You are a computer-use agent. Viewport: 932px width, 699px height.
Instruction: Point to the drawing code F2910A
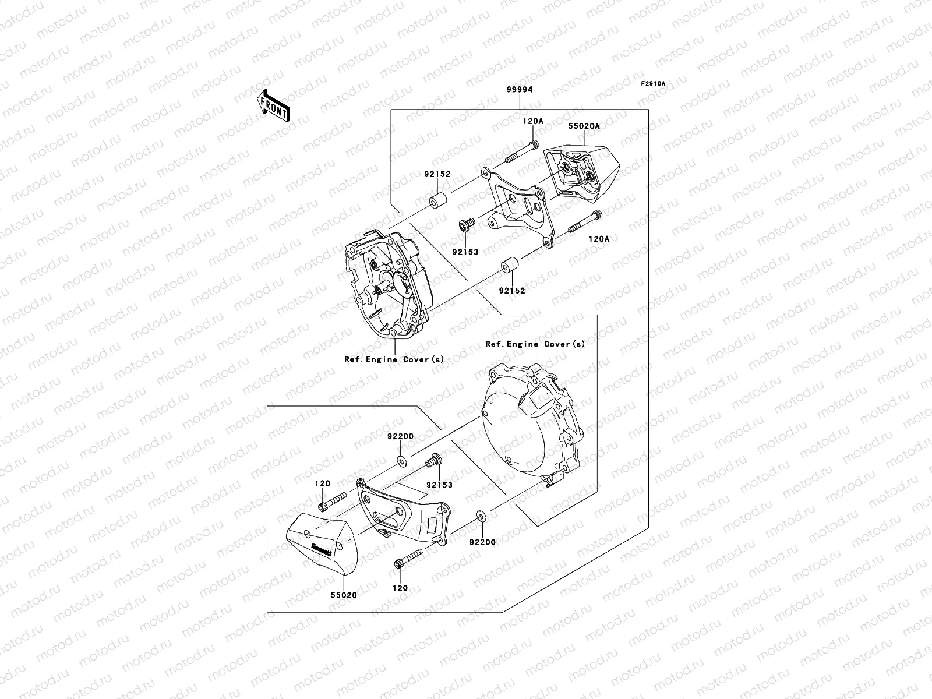point(653,84)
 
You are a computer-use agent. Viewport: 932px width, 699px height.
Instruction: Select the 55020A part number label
point(584,126)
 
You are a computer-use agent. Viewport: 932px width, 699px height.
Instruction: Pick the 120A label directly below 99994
point(532,121)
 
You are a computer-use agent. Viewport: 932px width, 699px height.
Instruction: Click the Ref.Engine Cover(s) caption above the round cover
point(535,344)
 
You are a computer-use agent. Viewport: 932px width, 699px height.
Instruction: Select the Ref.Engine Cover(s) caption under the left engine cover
point(394,359)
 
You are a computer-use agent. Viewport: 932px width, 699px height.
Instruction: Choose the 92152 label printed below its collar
point(511,290)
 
